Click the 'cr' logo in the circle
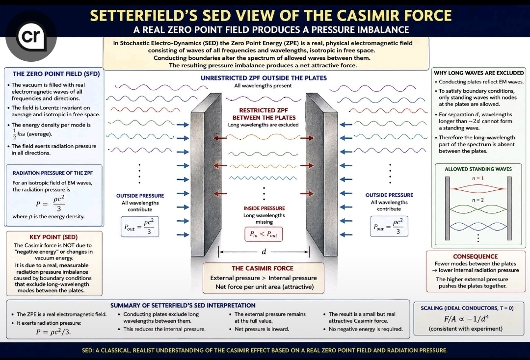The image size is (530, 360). click(x=31, y=36)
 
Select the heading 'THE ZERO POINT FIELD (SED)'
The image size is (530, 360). click(x=56, y=74)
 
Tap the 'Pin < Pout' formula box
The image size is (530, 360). click(x=264, y=234)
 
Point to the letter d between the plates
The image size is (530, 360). click(x=264, y=252)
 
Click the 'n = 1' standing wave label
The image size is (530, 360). click(x=477, y=178)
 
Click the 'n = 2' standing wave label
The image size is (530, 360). click(x=477, y=200)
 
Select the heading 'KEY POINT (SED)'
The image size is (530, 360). click(x=53, y=237)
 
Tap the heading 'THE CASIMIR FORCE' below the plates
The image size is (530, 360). click(x=262, y=268)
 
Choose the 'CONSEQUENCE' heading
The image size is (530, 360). click(x=475, y=257)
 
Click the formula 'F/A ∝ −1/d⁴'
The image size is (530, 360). click(x=467, y=318)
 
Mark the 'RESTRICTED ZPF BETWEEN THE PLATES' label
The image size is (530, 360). click(x=264, y=114)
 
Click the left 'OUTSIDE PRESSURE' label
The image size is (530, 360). click(x=140, y=196)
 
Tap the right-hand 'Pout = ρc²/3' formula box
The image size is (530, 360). click(x=389, y=226)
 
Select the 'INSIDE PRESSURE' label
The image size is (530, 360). click(x=264, y=208)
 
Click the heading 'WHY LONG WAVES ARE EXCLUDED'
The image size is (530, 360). click(x=478, y=73)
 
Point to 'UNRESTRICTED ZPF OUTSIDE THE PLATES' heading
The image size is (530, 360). click(x=264, y=78)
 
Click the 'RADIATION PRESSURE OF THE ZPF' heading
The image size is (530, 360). click(x=53, y=173)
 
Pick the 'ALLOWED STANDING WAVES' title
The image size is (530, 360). click(x=478, y=169)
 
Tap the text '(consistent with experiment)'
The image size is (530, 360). click(x=465, y=329)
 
